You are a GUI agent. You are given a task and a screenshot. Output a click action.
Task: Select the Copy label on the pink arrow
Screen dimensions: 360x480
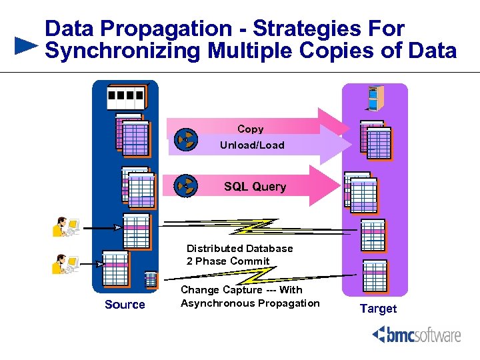coord(250,129)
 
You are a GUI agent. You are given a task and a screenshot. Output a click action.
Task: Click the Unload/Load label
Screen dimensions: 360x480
coord(252,145)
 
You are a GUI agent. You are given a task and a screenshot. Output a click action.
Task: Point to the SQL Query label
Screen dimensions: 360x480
coord(255,187)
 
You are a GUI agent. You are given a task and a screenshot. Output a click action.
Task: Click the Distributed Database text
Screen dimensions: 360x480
coord(239,248)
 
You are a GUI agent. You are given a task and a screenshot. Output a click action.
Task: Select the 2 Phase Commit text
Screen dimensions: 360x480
coord(228,261)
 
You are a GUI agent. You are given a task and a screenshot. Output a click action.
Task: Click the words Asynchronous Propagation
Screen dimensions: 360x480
coord(250,303)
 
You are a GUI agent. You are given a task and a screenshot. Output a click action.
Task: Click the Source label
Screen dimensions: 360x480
coord(125,305)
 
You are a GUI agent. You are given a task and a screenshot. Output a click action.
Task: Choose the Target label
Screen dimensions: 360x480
coord(378,309)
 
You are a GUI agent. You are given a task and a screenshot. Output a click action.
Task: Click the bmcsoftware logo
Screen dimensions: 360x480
coord(417,335)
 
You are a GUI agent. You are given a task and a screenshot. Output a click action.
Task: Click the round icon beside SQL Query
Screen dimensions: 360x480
coord(186,187)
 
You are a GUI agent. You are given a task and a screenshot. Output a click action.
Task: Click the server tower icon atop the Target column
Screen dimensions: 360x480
coord(373,98)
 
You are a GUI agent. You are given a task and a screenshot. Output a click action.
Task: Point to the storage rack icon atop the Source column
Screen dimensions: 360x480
coord(125,99)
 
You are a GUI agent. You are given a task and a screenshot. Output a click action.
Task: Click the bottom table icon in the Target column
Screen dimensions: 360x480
coord(374,275)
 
